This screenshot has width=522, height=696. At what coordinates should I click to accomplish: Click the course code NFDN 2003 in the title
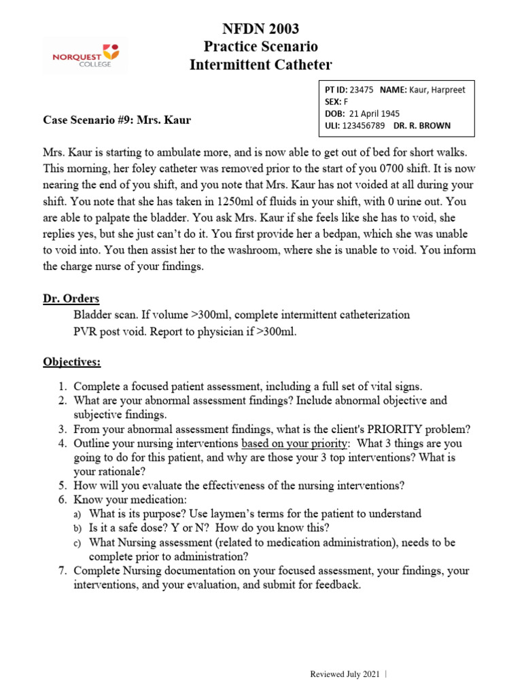point(261,29)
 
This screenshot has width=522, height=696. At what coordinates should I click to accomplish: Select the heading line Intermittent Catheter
point(261,65)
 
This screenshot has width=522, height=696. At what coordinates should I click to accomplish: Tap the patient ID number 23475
point(361,90)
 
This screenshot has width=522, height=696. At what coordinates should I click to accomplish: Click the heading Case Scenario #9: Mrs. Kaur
point(117,120)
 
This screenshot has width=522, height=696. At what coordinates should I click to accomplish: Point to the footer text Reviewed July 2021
point(345,674)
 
